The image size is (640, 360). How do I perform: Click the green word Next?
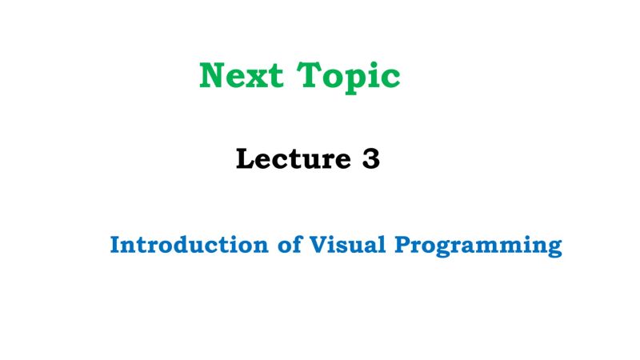242,76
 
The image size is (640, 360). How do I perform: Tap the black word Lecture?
289,159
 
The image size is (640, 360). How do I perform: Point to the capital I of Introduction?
115,244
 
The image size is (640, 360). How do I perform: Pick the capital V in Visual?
311,244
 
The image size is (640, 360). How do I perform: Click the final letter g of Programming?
554,247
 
